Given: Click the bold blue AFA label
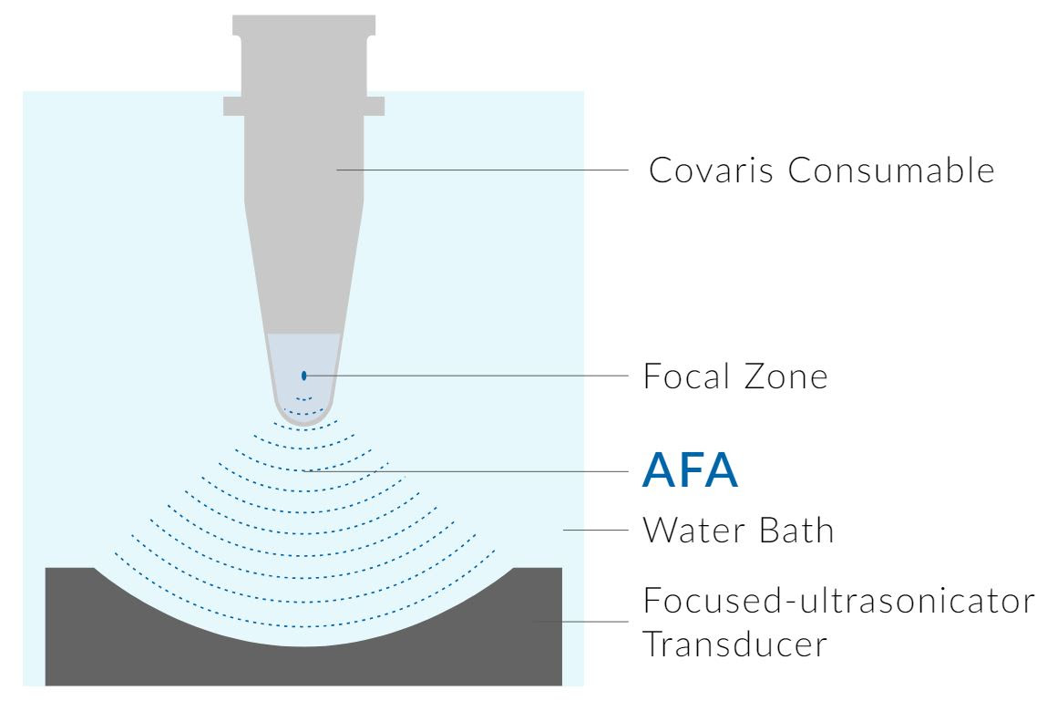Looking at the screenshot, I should pos(690,471).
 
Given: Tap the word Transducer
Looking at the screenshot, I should pos(734,644).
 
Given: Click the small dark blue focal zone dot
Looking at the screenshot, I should pos(304,375).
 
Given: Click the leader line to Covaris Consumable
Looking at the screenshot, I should pos(483,170).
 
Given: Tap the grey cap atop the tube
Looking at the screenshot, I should pos(304,50).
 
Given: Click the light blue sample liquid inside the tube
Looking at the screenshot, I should pos(304,356).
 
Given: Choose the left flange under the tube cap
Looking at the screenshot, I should pos(234,105).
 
